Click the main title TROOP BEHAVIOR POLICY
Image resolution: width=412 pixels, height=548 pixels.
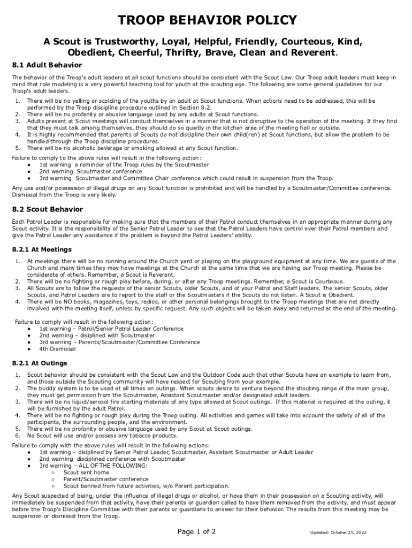click(207, 20)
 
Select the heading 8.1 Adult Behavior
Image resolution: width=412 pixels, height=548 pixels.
click(47, 65)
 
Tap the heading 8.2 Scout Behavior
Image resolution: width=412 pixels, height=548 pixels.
click(48, 209)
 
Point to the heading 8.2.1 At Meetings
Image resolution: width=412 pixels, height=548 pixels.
click(42, 249)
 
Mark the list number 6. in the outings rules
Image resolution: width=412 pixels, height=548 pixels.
click(18, 436)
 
